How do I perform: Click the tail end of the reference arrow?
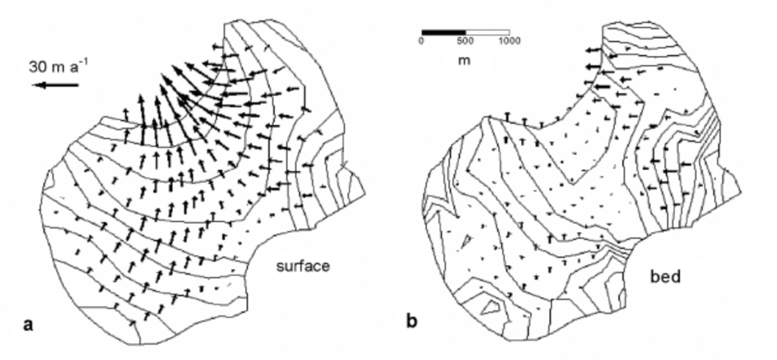pyautogui.click(x=78, y=85)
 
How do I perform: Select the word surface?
pyautogui.click(x=303, y=266)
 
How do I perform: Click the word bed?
pyautogui.click(x=666, y=276)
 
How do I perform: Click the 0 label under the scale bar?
pyautogui.click(x=422, y=41)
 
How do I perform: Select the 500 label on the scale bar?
pyautogui.click(x=465, y=41)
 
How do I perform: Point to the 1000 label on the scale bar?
pyautogui.click(x=509, y=41)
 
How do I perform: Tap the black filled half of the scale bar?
pyautogui.click(x=443, y=32)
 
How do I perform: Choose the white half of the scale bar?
pyautogui.click(x=487, y=32)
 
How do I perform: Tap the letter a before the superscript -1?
pyautogui.click(x=75, y=68)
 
